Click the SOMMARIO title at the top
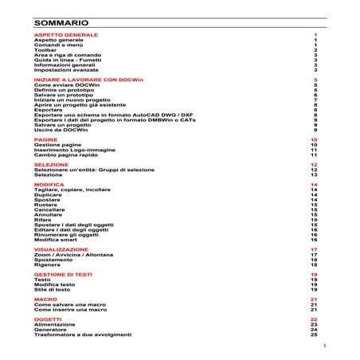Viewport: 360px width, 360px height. [61, 23]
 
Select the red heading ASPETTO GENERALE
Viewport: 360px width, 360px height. [66, 35]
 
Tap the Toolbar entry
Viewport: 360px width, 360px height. [46, 50]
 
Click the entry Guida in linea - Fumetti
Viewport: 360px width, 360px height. [68, 60]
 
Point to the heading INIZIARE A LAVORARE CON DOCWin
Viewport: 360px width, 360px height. [84, 80]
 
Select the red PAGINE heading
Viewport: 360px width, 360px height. [45, 139]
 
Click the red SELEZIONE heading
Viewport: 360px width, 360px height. [52, 164]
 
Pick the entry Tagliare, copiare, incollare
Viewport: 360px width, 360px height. [73, 190]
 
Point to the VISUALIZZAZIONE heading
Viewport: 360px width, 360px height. [61, 249]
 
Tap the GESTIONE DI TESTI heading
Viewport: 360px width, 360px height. [64, 274]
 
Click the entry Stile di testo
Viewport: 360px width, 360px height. [54, 289]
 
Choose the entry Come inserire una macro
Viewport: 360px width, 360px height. [70, 309]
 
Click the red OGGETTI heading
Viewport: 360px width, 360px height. [49, 319]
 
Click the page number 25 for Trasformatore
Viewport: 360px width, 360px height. [315, 335]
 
